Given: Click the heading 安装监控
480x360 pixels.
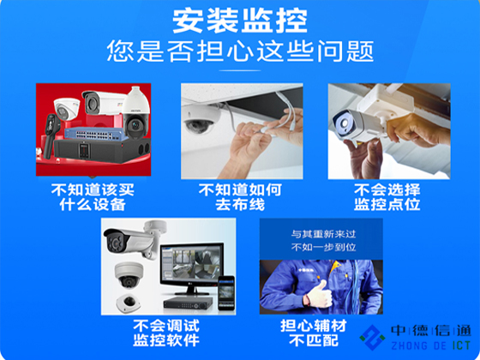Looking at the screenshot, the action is point(240,21).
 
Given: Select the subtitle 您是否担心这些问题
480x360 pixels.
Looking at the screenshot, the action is point(240,51).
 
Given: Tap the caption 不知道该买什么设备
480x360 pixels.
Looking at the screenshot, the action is point(93,197).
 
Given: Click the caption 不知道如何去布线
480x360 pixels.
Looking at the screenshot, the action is point(240,197).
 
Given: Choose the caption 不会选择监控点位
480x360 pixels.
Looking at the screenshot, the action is point(387,197).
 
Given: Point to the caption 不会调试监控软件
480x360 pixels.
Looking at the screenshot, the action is point(166,333).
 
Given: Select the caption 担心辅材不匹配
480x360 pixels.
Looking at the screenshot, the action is point(314,333).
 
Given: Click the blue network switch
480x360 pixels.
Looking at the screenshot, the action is point(96,134).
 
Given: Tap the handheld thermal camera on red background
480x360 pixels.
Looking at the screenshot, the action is point(51,135).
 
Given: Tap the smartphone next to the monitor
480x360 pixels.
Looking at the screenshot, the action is point(226,293).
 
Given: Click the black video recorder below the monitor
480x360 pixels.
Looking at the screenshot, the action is point(188,303).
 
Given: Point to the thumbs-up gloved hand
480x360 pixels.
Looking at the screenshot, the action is point(319,293).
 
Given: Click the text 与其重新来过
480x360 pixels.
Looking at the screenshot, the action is point(323,234).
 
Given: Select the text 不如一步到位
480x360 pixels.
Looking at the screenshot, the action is point(323,247).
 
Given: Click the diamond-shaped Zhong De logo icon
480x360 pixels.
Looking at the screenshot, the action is point(372,338).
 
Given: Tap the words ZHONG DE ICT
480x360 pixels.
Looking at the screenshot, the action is point(430,345).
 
